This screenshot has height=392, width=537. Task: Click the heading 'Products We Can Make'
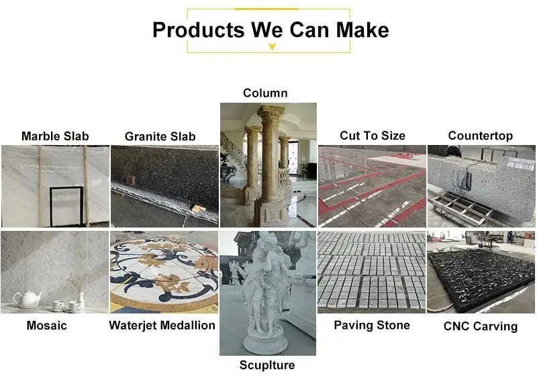coord(270,30)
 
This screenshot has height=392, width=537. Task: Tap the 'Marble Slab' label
coord(55,136)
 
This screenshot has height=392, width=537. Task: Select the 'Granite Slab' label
coord(160,136)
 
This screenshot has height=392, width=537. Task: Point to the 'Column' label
coord(265,93)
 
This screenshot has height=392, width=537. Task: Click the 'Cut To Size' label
coord(373,136)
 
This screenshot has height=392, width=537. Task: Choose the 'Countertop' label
coord(481,136)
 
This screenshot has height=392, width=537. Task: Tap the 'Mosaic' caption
coord(47,326)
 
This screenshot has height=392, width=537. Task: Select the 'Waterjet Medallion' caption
coord(162,326)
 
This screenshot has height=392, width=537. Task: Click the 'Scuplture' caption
coord(267,365)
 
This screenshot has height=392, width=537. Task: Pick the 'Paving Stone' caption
coord(373,326)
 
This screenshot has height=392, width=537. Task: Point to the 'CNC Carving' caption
coord(481,327)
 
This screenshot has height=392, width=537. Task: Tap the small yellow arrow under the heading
coord(271,47)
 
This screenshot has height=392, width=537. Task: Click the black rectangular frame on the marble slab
coord(66,205)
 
